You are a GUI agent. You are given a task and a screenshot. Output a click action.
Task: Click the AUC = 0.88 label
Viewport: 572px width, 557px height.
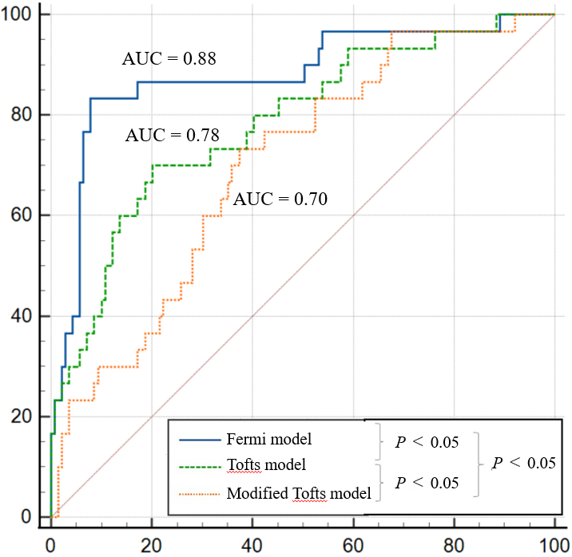click(x=170, y=58)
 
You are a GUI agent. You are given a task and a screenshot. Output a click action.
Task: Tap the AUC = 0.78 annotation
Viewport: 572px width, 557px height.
click(x=172, y=135)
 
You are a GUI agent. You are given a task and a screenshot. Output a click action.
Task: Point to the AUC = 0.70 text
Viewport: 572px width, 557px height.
click(x=280, y=199)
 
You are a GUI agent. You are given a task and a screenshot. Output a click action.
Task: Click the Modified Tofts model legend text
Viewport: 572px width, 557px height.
click(x=299, y=493)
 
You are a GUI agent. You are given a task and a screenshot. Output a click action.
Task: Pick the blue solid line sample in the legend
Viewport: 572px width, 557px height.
click(x=198, y=438)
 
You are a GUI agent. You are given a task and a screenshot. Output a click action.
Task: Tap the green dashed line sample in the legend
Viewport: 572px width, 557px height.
click(x=198, y=465)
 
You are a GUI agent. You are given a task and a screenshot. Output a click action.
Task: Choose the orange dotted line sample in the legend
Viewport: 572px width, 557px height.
click(x=198, y=493)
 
